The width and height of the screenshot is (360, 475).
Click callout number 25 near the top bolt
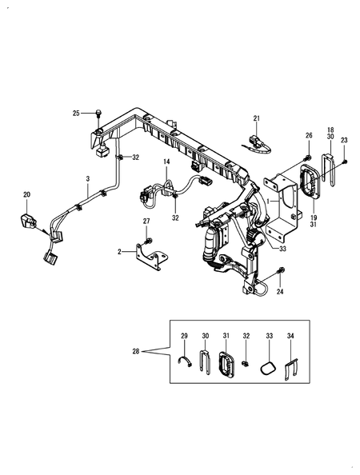[x=76, y=114]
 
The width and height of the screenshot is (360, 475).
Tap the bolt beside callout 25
[x=98, y=113]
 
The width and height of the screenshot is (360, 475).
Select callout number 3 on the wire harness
[x=88, y=179]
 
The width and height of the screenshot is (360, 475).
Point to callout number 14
[x=166, y=162]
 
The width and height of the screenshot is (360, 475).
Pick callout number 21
[x=257, y=118]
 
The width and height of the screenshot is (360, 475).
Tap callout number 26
[x=309, y=135]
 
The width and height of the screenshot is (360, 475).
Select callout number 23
[x=344, y=140]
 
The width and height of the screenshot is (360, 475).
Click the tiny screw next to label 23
[x=345, y=162]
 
